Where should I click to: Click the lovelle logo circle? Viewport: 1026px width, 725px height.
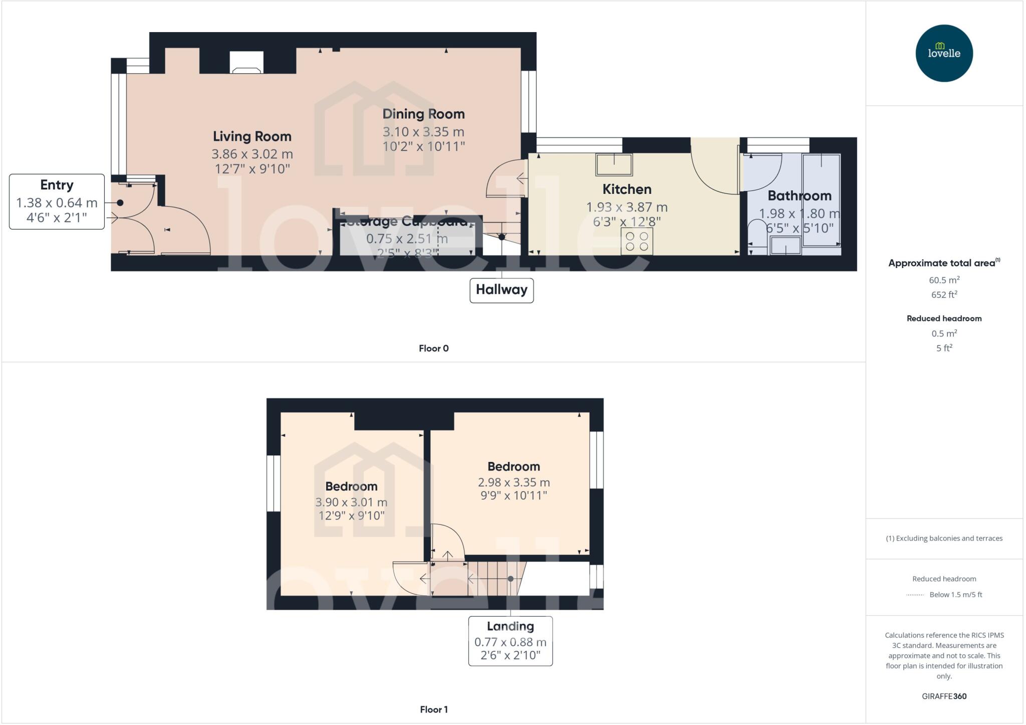click(944, 53)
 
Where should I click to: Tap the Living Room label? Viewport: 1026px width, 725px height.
click(252, 136)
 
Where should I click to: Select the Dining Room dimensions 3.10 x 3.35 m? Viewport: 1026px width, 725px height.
click(423, 132)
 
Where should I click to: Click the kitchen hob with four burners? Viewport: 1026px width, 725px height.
click(637, 241)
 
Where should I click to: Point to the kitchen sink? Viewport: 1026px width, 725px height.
click(614, 164)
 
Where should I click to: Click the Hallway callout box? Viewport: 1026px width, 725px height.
click(501, 290)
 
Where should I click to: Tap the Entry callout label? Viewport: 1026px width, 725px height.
click(57, 185)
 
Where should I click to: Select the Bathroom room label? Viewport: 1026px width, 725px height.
click(799, 196)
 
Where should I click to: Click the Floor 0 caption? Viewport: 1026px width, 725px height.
click(433, 348)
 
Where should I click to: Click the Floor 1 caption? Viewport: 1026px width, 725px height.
click(433, 709)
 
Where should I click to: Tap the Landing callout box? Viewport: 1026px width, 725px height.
click(510, 641)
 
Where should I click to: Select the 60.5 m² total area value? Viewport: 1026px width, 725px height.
click(944, 280)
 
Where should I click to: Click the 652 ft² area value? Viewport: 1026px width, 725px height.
click(944, 295)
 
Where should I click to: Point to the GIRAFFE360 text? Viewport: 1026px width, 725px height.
click(944, 696)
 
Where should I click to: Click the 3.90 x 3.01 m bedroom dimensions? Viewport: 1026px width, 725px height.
click(351, 502)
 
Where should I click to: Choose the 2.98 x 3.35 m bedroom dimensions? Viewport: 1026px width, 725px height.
click(514, 482)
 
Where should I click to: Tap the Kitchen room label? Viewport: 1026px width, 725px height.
click(627, 189)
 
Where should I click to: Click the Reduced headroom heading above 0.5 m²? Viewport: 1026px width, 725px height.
click(944, 319)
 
